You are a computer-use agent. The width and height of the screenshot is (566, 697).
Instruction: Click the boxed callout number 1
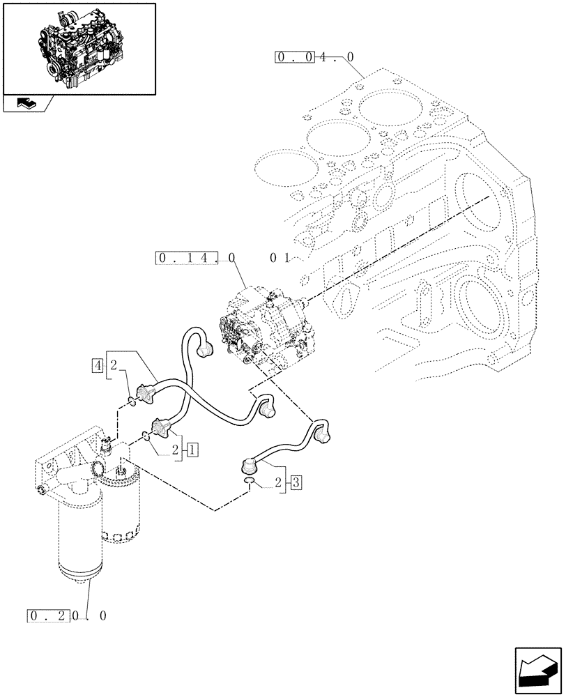point(193,450)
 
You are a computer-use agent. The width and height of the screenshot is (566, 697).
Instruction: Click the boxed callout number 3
point(296,482)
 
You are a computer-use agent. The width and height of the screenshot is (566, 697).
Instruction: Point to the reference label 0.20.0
point(68,616)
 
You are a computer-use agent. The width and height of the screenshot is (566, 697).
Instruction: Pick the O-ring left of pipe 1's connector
point(144,436)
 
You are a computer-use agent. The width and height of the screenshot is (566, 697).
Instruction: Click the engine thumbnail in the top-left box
point(79,48)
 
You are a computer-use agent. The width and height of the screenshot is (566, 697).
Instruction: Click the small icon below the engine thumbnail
point(25,104)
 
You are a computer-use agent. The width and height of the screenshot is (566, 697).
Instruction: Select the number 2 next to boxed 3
point(279,482)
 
